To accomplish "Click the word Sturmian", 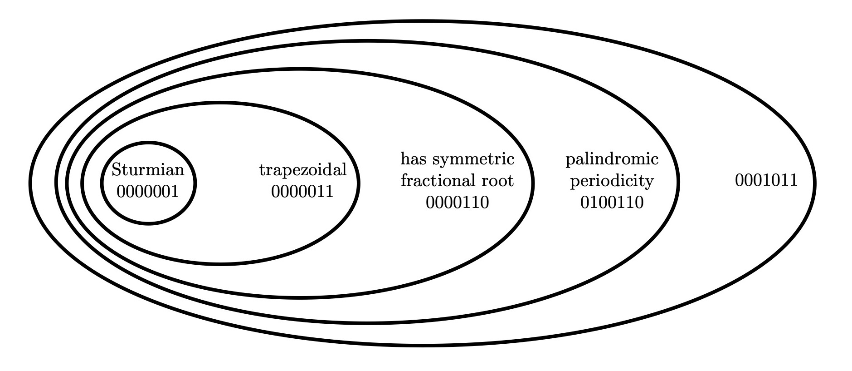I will (148, 170).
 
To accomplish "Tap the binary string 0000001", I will (148, 192).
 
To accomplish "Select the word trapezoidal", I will (303, 170).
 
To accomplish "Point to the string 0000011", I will (302, 192).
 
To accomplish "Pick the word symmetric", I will (473, 160).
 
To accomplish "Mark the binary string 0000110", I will (457, 203).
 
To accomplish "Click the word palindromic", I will (612, 160).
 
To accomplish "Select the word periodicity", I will (612, 181).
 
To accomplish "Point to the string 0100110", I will (612, 203).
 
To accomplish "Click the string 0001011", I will (766, 181).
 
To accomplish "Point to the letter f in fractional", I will (404, 181).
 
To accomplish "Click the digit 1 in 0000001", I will (175, 192).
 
